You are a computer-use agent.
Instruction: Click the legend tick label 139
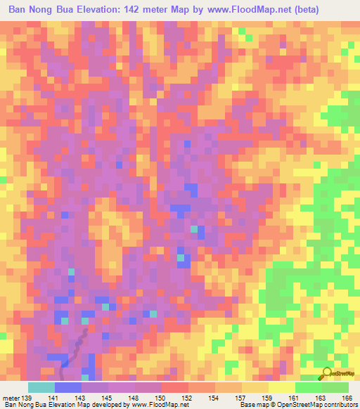[x=26, y=397]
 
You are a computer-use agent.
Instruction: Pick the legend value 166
[x=347, y=397]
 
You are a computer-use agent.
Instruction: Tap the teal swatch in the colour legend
[x=41, y=387]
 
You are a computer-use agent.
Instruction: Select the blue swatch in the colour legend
[x=68, y=387]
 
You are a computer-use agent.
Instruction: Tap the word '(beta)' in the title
[x=298, y=10]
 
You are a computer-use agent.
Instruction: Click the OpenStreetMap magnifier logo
[x=326, y=373]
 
